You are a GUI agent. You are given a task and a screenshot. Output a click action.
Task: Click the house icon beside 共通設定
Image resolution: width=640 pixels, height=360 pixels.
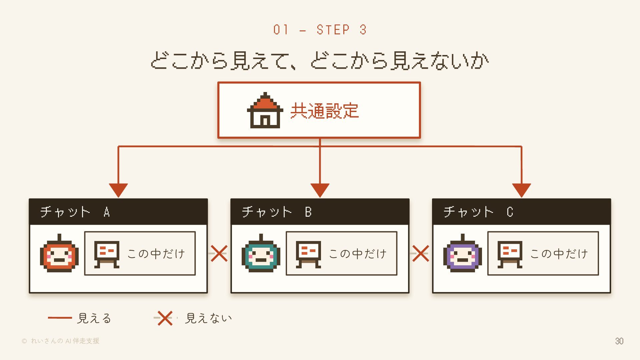[x=265, y=110]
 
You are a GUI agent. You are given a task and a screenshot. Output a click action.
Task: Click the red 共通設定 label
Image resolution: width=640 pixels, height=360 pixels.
[x=324, y=111]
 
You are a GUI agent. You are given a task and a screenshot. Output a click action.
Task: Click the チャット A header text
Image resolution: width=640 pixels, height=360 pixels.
[x=75, y=212]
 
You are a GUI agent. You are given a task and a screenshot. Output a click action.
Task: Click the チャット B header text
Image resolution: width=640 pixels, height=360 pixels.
[x=277, y=212]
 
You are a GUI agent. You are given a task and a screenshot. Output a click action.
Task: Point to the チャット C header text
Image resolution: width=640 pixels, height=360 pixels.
[x=478, y=212]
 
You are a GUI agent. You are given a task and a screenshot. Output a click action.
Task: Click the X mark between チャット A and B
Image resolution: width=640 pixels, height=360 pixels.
[x=219, y=253]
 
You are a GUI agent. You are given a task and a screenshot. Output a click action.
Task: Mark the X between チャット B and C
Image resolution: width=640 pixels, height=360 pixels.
[x=421, y=253]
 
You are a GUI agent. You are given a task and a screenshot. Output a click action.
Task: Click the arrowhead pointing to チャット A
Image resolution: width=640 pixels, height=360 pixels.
[x=118, y=190]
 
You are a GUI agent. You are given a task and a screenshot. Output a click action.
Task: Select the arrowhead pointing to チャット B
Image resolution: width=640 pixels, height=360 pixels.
[x=320, y=190]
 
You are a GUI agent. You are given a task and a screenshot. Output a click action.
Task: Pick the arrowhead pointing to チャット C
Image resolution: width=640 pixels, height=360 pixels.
[x=522, y=190]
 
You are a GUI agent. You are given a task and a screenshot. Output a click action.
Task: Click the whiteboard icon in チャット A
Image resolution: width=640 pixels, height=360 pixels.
[x=107, y=254]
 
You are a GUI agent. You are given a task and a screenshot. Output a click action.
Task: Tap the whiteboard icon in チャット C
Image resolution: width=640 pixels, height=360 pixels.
[x=510, y=254]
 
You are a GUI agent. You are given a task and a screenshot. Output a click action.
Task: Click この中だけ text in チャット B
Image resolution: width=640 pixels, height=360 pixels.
[x=358, y=254]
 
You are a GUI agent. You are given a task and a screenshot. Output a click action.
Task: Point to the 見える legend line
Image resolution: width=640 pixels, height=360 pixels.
[x=60, y=318]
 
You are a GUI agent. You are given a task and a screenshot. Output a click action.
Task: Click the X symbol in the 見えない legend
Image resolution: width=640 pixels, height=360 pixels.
[x=165, y=318]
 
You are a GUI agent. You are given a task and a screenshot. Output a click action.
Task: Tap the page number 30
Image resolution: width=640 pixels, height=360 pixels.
[x=619, y=341]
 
